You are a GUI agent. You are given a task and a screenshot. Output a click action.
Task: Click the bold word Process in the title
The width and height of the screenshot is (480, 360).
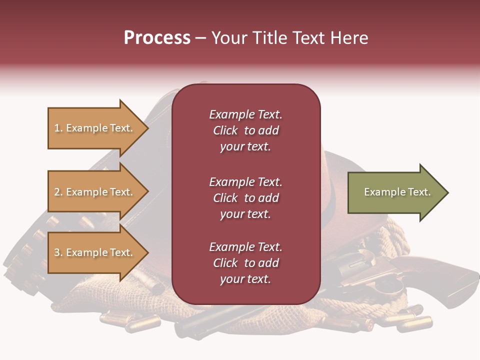click(x=157, y=38)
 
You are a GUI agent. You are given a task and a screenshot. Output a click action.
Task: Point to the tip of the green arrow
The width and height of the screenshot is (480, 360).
click(x=446, y=192)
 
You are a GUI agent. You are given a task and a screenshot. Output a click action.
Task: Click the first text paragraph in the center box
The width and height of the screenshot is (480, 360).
click(x=245, y=130)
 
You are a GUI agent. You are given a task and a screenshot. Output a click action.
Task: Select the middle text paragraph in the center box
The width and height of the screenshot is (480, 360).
click(x=245, y=198)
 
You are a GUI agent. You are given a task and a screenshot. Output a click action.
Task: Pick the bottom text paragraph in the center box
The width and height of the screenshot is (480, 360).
click(x=245, y=263)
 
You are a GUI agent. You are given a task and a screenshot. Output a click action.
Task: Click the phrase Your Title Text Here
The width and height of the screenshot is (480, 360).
click(x=289, y=38)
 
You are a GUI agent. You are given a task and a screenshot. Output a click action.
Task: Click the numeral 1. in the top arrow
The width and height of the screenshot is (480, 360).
click(x=58, y=128)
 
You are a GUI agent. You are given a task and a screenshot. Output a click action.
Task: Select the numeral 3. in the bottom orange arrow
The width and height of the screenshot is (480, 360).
click(x=58, y=252)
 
